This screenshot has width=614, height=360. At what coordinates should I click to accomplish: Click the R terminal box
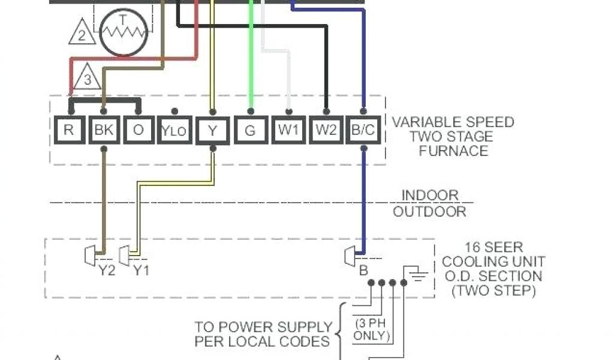coord(70,130)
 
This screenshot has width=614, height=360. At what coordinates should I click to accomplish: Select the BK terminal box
coord(104,130)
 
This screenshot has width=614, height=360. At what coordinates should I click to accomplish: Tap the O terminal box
coord(139,130)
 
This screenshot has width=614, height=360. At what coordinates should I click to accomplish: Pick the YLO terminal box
coord(175,131)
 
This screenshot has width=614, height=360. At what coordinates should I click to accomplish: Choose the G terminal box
coord(251,130)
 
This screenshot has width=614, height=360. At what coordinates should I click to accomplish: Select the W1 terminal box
coord(288,130)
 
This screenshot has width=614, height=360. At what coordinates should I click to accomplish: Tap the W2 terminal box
coord(326,130)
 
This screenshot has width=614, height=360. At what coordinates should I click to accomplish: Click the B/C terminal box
coord(363,130)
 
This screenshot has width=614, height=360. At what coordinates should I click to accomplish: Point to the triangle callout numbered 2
coord(82,34)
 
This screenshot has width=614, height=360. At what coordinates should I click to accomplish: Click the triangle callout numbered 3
coord(88,79)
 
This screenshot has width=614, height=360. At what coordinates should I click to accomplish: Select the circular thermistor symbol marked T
coord(124,33)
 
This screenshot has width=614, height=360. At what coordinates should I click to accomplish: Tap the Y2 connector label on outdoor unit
coord(106,271)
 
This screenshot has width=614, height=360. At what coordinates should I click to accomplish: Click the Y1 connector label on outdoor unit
coord(141,271)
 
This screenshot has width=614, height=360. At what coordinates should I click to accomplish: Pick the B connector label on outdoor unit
coord(363,271)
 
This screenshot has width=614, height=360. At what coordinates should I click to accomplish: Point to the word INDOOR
coord(430,196)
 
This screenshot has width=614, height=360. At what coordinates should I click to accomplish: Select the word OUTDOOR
coord(429,211)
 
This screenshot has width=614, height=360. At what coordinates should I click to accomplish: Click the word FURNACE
coord(453,151)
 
